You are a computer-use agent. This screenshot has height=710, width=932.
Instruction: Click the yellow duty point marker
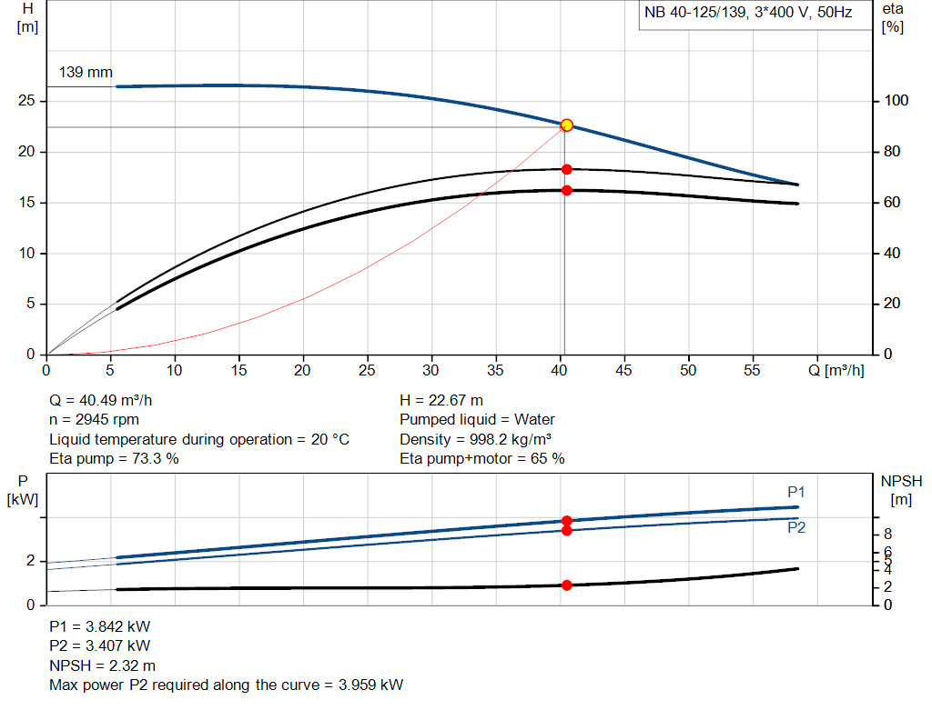[x=566, y=125]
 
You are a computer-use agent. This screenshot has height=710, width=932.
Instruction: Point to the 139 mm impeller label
[x=86, y=72]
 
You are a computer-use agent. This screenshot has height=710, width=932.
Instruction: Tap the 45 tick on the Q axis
[x=623, y=370]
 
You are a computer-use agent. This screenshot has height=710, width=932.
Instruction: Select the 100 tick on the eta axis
[x=896, y=101]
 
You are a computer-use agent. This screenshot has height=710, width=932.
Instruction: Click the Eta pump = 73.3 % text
[x=114, y=459]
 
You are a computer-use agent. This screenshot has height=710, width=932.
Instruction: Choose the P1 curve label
[x=796, y=492]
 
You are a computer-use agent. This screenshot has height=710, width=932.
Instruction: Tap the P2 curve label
[x=796, y=527]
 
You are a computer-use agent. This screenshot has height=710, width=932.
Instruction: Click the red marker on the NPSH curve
[x=566, y=585]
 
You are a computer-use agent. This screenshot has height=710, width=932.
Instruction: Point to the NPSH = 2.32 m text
[x=102, y=665]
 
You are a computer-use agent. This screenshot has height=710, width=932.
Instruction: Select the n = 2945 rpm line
[x=96, y=420]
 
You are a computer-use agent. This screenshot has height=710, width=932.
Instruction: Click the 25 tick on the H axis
[x=26, y=101]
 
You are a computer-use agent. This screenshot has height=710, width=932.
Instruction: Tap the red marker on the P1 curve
[x=566, y=521]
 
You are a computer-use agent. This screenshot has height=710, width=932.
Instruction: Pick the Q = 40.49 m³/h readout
[x=106, y=400]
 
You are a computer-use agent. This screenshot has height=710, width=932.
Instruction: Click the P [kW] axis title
[x=21, y=489]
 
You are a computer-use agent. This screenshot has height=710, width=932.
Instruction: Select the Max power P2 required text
[x=226, y=685]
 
